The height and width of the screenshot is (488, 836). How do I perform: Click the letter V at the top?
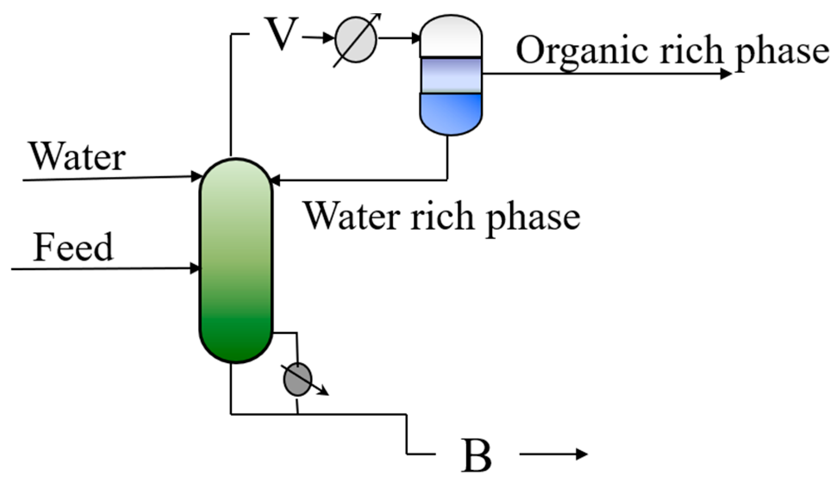click(281, 34)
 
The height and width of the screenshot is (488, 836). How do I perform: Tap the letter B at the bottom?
click(476, 456)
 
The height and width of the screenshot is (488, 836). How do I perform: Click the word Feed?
click(73, 247)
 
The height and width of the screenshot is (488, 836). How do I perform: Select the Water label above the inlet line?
click(78, 157)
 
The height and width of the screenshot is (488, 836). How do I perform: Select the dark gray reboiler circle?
click(297, 379)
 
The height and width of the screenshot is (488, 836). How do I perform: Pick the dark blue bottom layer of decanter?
click(451, 112)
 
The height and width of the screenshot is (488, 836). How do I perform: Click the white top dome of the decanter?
click(451, 37)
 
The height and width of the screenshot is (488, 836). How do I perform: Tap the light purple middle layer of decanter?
click(451, 75)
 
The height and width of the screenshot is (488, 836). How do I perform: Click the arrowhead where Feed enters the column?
click(196, 268)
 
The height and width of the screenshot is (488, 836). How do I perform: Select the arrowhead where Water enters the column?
click(197, 176)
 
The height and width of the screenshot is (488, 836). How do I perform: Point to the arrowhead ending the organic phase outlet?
click(726, 74)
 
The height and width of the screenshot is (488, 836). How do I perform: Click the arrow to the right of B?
click(554, 454)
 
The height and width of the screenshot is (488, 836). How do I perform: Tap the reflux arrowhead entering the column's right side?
click(275, 180)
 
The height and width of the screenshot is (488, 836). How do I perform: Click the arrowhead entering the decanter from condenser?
click(416, 38)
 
